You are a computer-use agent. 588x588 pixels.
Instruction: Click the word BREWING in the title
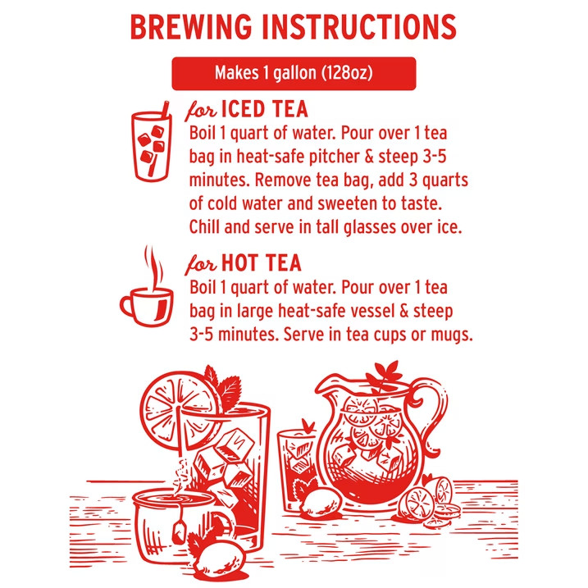click(x=191, y=27)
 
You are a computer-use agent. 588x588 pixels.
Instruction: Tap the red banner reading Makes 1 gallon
click(x=294, y=74)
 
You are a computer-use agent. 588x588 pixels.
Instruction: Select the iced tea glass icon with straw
click(x=152, y=141)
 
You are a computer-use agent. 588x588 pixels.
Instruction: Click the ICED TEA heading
click(x=265, y=110)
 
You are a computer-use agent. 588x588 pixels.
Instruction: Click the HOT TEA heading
click(x=262, y=263)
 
